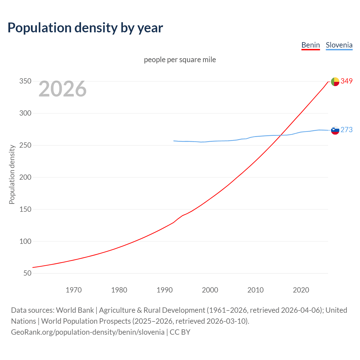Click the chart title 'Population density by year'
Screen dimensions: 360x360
click(85, 28)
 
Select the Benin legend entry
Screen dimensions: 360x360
click(310, 45)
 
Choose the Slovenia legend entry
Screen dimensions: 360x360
click(339, 45)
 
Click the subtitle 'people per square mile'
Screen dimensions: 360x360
click(180, 60)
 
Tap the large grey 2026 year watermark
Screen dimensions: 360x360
click(62, 89)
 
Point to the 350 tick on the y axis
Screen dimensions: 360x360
click(25, 81)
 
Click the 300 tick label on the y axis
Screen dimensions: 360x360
click(25, 113)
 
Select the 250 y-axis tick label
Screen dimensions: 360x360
click(25, 145)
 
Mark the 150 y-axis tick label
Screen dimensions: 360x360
click(25, 210)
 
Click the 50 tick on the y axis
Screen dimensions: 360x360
click(27, 273)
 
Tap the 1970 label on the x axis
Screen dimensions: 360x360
click(74, 290)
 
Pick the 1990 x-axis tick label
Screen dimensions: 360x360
click(165, 290)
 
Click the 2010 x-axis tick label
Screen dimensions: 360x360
click(255, 290)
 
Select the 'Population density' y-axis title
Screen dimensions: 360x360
click(12, 174)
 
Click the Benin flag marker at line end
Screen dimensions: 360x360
click(335, 82)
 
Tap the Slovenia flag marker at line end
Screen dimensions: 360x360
click(335, 130)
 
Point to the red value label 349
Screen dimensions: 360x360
click(346, 81)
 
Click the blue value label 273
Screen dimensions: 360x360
click(346, 130)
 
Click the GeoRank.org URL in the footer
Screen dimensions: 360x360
click(88, 332)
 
